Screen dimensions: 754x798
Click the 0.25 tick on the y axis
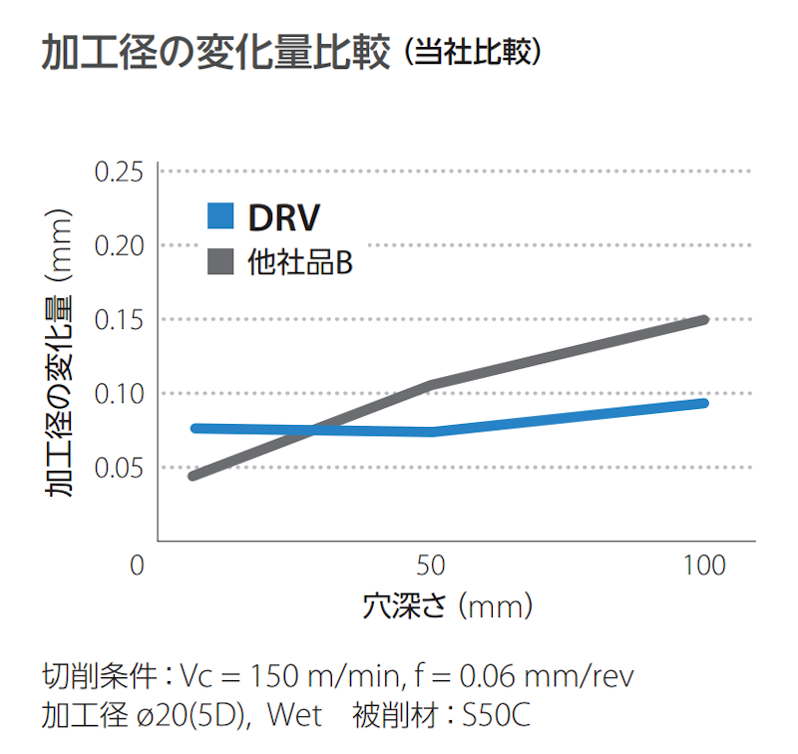(x=119, y=173)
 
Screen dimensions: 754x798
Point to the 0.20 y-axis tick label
(x=119, y=246)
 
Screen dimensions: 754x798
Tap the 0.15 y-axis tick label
(x=119, y=320)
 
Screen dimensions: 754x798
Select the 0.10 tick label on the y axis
(x=119, y=394)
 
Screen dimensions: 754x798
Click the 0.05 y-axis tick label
(x=119, y=468)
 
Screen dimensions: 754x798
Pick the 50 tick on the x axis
(x=430, y=565)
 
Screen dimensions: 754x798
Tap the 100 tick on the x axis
(x=705, y=565)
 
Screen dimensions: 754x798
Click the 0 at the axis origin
(x=138, y=565)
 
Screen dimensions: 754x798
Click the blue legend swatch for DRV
(x=220, y=215)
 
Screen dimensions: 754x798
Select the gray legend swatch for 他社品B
(x=220, y=262)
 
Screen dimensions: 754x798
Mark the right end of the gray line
(x=703, y=320)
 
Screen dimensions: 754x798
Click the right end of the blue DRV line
(x=703, y=403)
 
